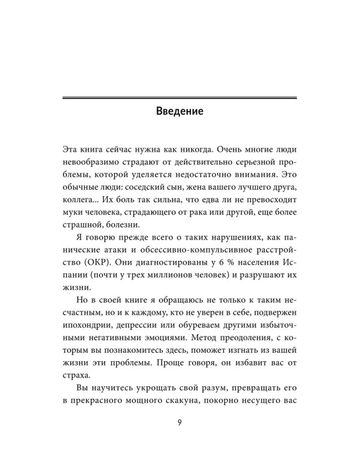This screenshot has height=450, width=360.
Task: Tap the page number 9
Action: (x=179, y=421)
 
